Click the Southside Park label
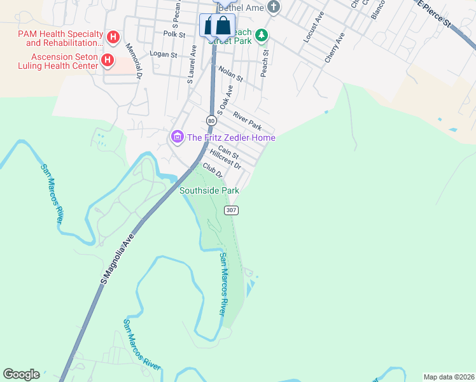coord(209,190)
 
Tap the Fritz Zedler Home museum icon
coord(177,137)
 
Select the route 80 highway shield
coord(211,120)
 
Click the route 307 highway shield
coord(230,210)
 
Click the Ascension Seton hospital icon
coord(108,61)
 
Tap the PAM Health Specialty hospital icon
coord(113,38)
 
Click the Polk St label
coord(173,33)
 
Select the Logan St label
coord(163,55)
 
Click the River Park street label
coord(247,120)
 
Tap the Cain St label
coord(228,153)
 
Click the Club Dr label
coord(212,171)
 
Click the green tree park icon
coord(262,36)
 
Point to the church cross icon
coord(274,8)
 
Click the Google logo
coord(21,374)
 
